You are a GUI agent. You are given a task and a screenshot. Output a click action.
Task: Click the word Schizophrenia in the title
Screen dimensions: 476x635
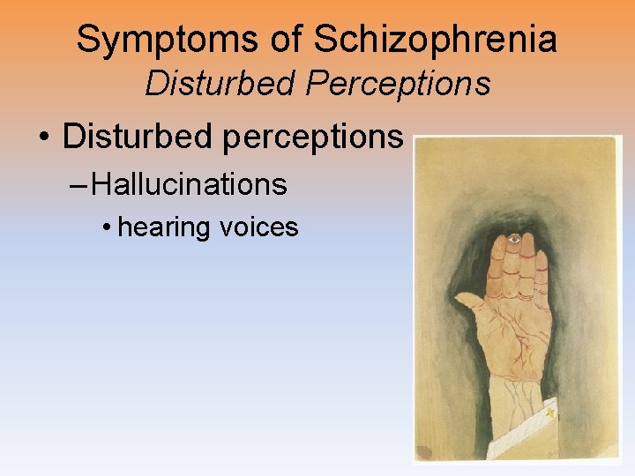[x=435, y=40]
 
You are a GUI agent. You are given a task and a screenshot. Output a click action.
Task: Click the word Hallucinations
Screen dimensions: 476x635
[x=189, y=184]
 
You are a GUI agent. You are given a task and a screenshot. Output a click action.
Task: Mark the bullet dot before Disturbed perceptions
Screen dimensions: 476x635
[x=42, y=138]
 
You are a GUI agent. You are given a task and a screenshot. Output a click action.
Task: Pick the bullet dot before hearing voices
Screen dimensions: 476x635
[x=106, y=228]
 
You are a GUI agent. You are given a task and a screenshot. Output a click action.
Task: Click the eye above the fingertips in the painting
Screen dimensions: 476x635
[x=512, y=238]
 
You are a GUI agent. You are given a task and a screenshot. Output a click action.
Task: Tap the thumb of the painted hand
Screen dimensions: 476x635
[x=472, y=305]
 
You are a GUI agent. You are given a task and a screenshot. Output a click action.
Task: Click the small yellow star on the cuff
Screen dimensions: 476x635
[x=552, y=412]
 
